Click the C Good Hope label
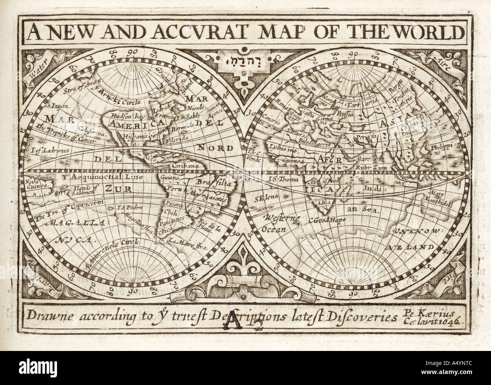tap(326, 220)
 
